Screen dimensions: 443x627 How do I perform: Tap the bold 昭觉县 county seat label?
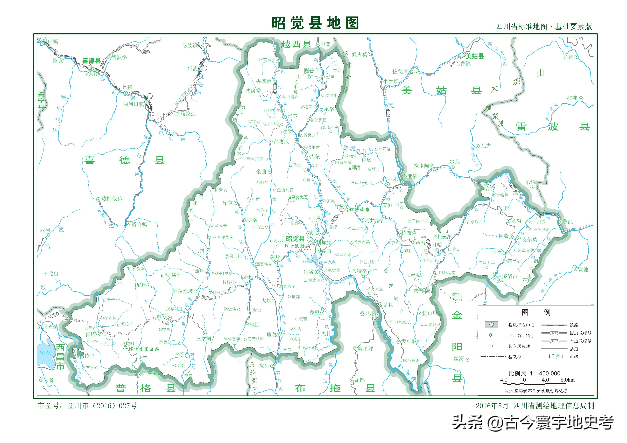[295, 239]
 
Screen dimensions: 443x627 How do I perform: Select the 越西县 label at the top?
[296, 44]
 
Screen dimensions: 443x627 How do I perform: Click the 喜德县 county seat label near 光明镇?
[92, 61]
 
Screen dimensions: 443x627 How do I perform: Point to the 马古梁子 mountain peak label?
[172, 275]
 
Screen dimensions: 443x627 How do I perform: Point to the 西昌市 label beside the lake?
[60, 356]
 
